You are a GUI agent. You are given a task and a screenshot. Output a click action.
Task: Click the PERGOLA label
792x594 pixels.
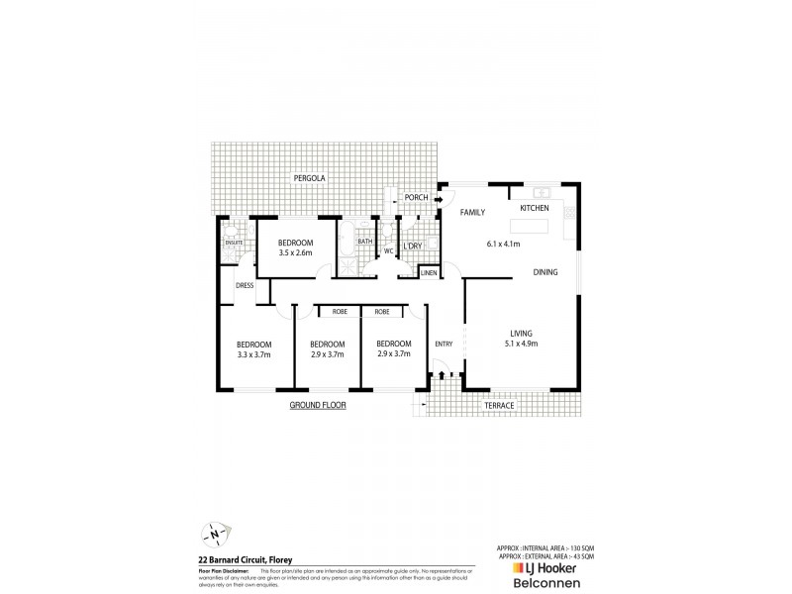click(309, 178)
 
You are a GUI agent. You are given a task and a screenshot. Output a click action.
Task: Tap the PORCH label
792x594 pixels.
click(417, 198)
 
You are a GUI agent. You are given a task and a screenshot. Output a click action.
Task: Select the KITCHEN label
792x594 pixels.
click(535, 209)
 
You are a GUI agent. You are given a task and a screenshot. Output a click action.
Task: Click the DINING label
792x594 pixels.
click(545, 272)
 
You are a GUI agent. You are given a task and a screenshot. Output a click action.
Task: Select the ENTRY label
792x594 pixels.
click(443, 344)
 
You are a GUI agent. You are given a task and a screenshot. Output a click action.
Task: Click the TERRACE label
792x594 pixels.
click(498, 406)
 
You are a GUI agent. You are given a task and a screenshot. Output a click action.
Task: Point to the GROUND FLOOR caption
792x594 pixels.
click(318, 406)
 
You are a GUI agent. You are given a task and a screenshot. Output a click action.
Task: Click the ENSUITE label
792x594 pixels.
click(234, 242)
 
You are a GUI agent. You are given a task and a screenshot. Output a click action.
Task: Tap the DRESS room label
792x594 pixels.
click(246, 286)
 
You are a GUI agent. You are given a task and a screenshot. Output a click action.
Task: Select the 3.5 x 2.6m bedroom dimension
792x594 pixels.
click(295, 253)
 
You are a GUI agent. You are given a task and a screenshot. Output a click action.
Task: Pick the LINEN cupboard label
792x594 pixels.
click(429, 272)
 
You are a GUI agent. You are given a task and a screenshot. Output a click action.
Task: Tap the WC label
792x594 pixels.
click(389, 251)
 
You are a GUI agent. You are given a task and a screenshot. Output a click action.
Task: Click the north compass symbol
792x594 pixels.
click(215, 533)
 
